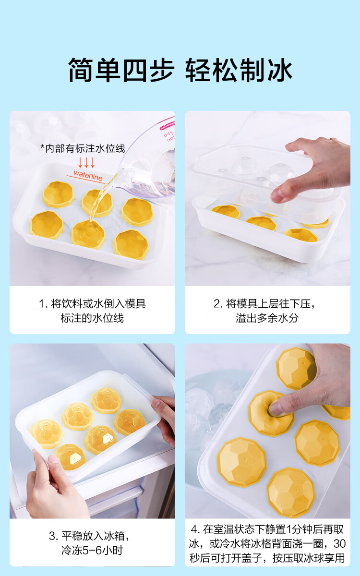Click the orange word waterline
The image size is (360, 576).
(88, 175)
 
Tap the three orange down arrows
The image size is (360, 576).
(86, 163)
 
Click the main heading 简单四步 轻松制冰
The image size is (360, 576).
(180, 70)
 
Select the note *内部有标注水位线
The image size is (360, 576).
(83, 148)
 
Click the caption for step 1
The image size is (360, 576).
(92, 311)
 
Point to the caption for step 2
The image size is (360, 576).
(265, 311)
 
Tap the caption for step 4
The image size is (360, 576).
(267, 543)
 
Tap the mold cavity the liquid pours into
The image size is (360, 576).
(88, 235)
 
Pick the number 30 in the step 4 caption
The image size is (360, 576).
(339, 543)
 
